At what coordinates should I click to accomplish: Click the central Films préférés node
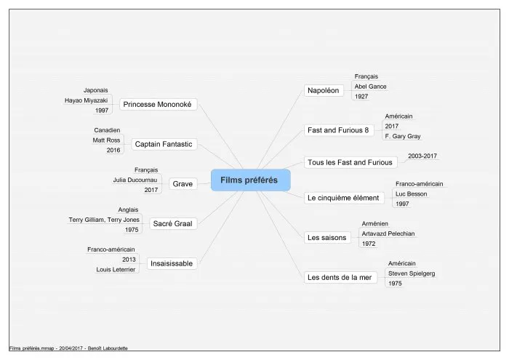pos(250,180)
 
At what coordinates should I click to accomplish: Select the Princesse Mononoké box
pos(158,104)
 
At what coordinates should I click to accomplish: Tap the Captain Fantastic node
pos(164,144)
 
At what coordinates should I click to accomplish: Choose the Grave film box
pos(183,184)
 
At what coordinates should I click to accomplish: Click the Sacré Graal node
pos(173,224)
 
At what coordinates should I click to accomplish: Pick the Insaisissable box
pos(172,263)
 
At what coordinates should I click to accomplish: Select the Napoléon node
pos(324,90)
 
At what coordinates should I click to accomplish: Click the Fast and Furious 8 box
pos(338,130)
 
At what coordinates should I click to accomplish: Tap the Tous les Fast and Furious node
pos(350,162)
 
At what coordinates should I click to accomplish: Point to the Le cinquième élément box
pos(343,198)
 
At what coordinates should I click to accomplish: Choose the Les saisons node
pos(327,238)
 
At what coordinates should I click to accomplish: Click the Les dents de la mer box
pos(340,277)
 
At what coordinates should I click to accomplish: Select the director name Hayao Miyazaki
pos(86,100)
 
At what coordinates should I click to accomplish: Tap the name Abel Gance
pos(370,87)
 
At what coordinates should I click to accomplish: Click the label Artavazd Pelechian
pos(388,233)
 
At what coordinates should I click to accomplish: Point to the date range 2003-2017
pos(422,156)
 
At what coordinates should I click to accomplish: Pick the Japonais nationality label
pos(96,90)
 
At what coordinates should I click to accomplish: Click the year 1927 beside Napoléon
pos(361,97)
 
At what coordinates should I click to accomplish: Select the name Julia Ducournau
pos(135,180)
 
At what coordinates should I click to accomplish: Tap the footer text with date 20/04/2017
pos(68,348)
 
